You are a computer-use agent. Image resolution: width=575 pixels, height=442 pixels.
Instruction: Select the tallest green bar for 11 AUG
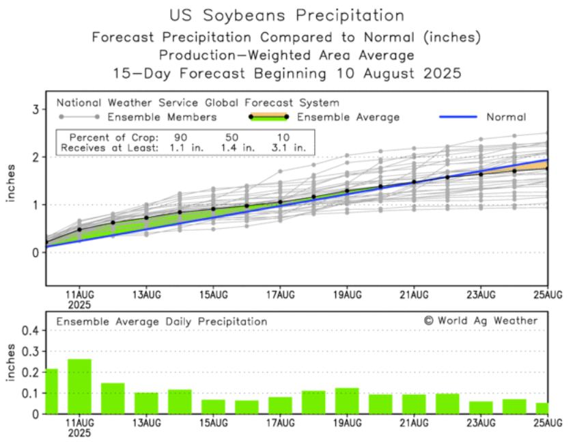[79, 386]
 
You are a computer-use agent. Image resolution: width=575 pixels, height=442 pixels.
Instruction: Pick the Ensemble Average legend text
[348, 118]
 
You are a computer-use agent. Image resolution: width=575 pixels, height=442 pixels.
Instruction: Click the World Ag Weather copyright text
[480, 320]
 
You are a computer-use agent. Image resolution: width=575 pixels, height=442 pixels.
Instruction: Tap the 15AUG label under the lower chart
[213, 424]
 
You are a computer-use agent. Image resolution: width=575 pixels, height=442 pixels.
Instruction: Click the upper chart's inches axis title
[12, 183]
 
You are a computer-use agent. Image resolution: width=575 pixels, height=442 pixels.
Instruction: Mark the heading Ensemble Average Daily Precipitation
[161, 321]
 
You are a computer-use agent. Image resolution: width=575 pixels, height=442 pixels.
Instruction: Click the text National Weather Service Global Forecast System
[197, 103]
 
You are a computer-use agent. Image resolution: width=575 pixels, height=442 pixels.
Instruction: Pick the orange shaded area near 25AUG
[538, 166]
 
